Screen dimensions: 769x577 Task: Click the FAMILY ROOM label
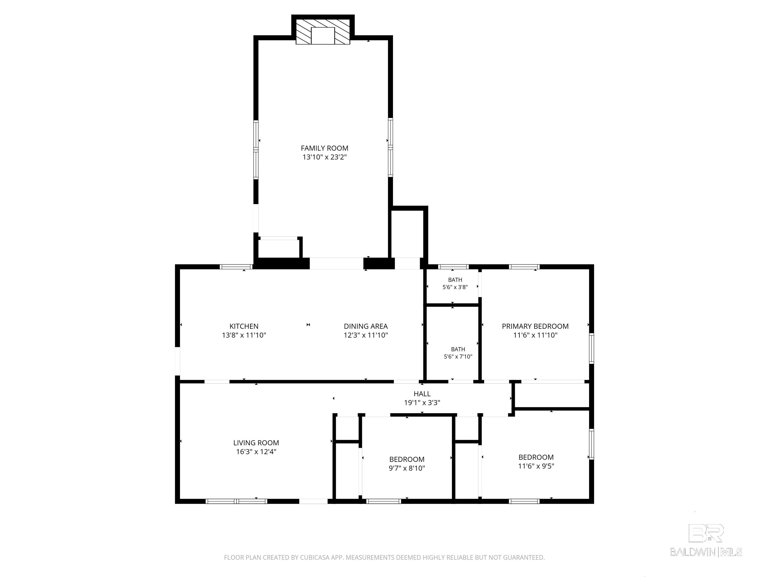pos(324,148)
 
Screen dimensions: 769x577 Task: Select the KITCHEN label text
pos(244,326)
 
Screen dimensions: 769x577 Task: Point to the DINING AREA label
pos(366,326)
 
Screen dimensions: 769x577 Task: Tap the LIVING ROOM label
pos(256,443)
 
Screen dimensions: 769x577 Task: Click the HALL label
pos(422,394)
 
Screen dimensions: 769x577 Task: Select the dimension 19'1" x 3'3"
pos(422,403)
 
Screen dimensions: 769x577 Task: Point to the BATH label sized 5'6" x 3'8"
pos(455,280)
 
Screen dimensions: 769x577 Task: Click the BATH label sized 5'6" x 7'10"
pos(458,349)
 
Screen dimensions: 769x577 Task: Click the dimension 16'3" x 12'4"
pos(256,452)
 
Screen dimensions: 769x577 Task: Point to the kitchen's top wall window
pos(236,267)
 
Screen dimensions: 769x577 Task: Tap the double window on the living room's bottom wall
pos(236,501)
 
